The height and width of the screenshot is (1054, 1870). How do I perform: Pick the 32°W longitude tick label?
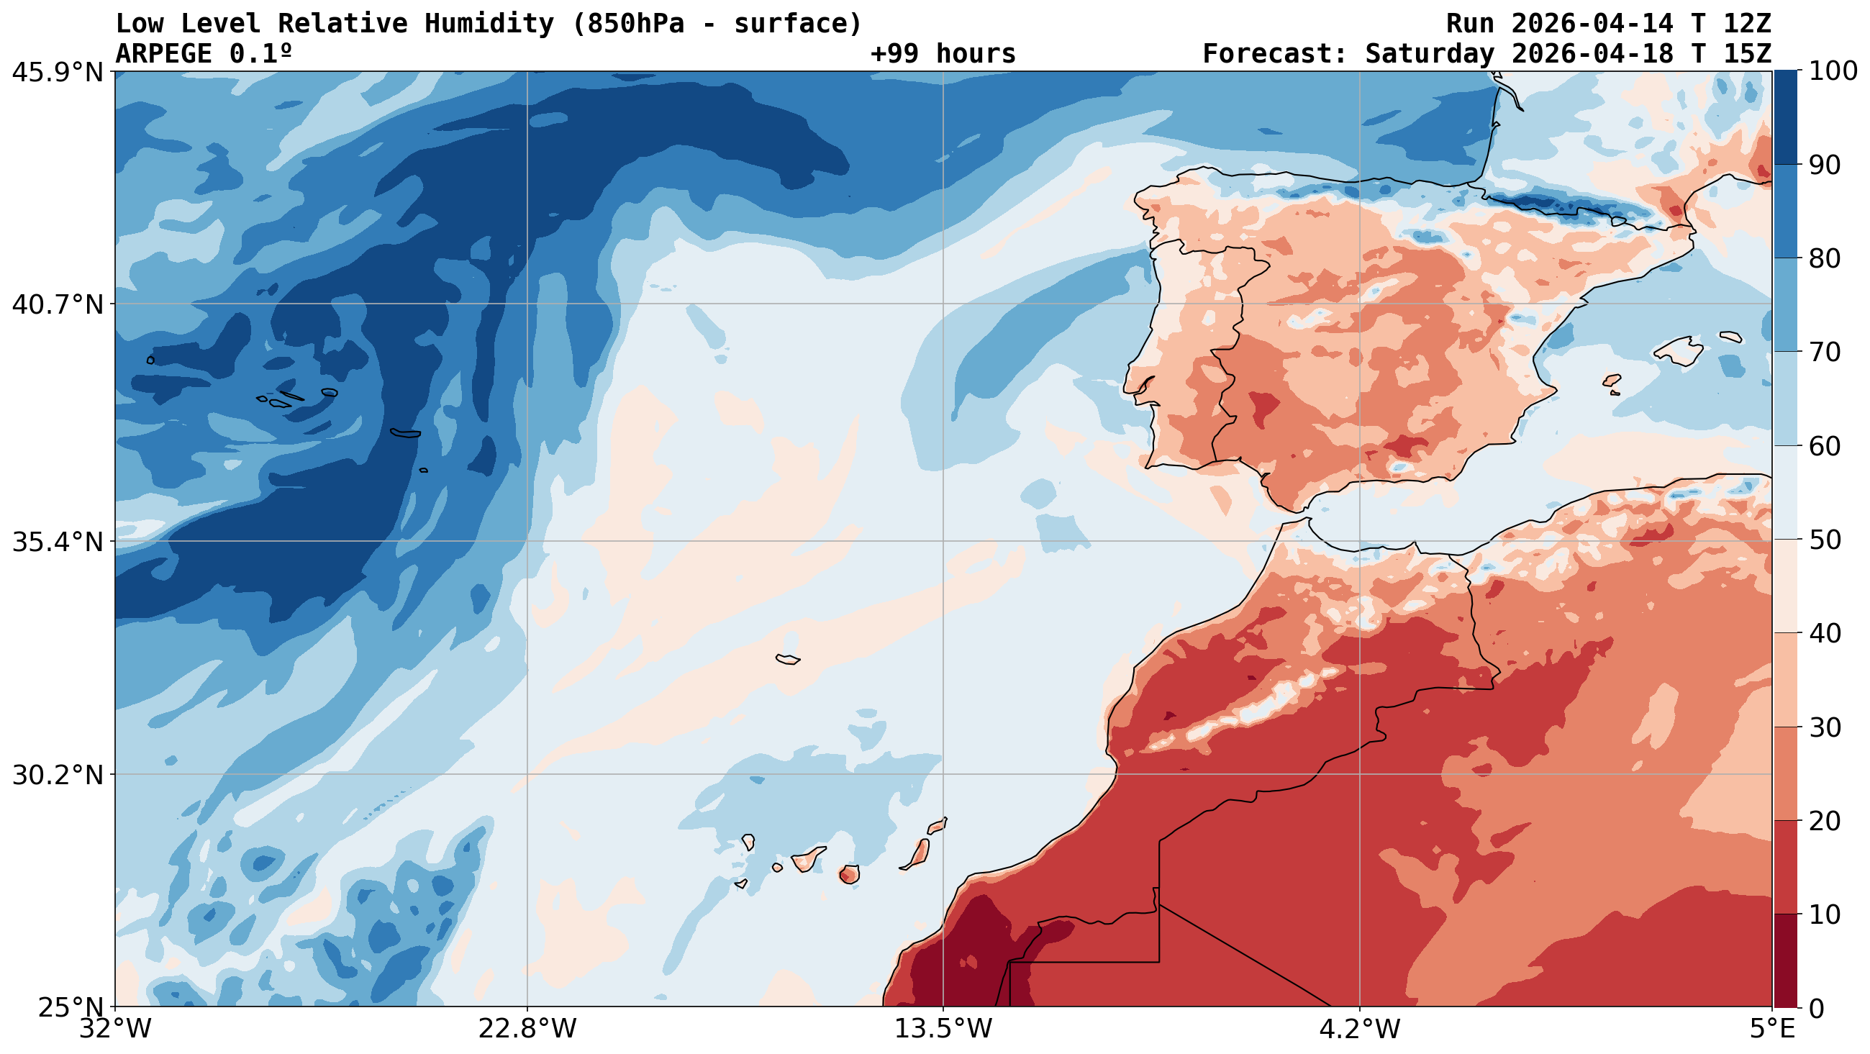tap(115, 1030)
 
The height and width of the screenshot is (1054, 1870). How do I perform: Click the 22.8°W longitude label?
tap(527, 1030)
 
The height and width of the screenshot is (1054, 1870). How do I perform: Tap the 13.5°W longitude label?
tap(943, 1030)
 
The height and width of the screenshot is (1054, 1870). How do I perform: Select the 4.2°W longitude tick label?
tap(1359, 1030)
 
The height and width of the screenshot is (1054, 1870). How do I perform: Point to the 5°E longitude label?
tap(1772, 1030)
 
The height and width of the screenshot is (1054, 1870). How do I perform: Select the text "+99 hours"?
tap(943, 54)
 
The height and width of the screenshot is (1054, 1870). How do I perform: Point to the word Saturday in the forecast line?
tap(1430, 54)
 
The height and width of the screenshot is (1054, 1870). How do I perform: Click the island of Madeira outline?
tap(788, 659)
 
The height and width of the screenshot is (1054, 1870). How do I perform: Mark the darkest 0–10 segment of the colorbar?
tap(1785, 960)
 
